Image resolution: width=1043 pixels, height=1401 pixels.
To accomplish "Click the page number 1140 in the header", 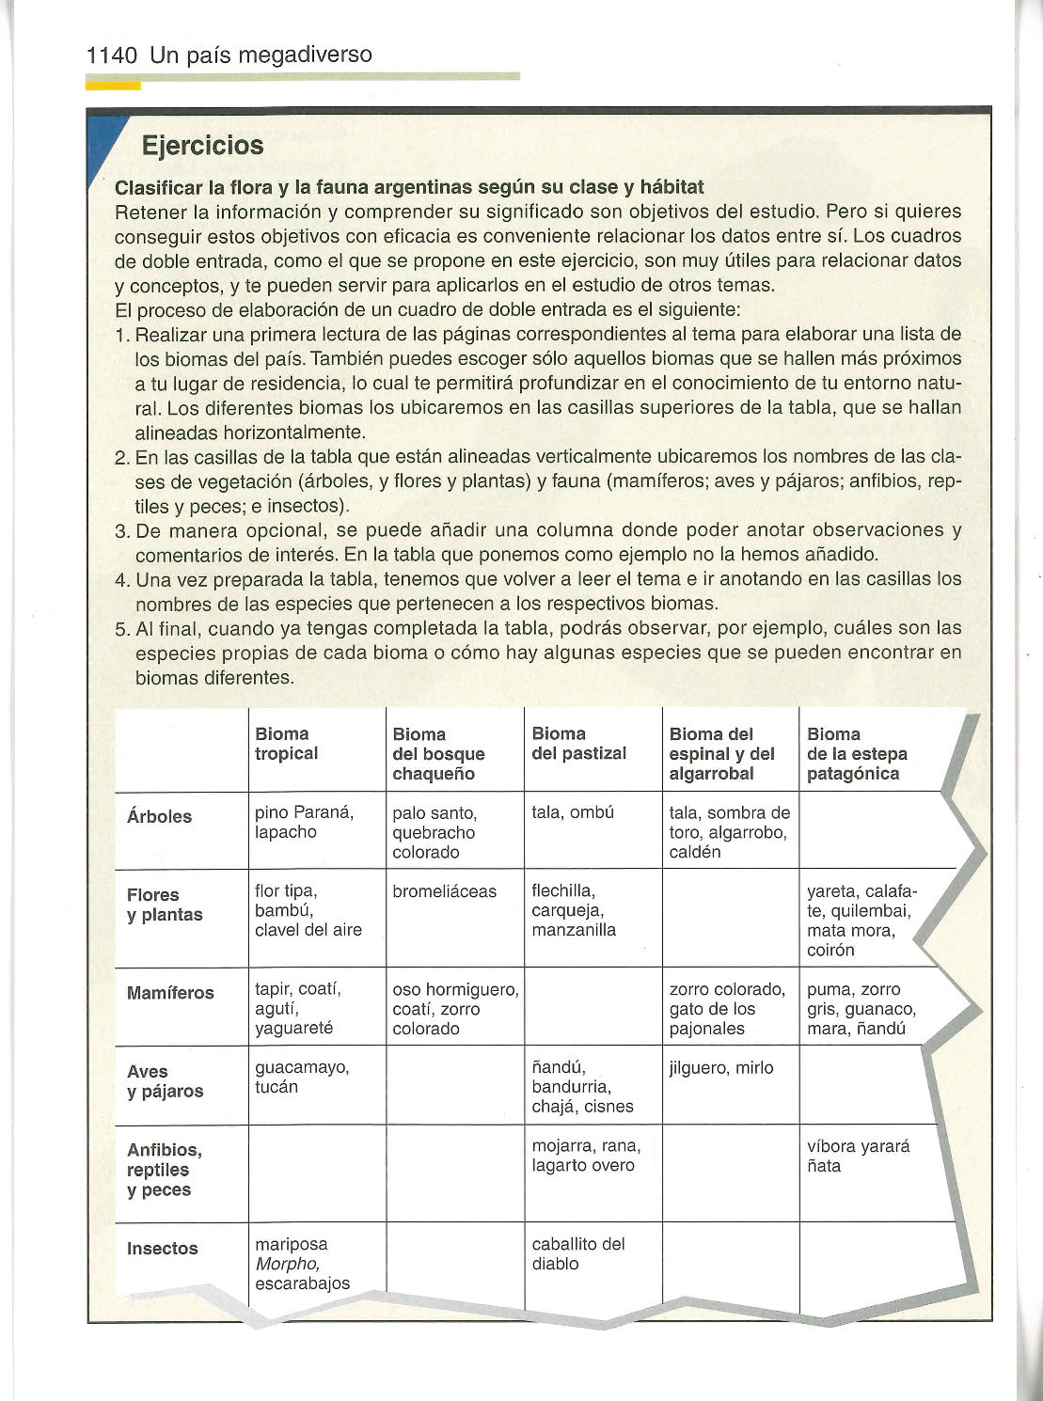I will pyautogui.click(x=112, y=55).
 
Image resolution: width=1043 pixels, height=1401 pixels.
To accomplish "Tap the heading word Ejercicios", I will pyautogui.click(x=202, y=146).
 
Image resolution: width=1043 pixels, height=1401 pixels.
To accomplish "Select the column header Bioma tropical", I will pyautogui.click(x=286, y=744).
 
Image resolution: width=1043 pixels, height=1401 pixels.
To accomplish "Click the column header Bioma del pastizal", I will pyautogui.click(x=578, y=744).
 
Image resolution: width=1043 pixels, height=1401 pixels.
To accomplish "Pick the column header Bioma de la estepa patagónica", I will pyautogui.click(x=856, y=754).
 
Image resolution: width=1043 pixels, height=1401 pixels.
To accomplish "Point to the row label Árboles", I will pyautogui.click(x=159, y=816).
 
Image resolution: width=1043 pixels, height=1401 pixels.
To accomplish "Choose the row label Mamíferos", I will pyautogui.click(x=170, y=993).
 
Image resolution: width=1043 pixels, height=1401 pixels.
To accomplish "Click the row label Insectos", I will pyautogui.click(x=162, y=1249).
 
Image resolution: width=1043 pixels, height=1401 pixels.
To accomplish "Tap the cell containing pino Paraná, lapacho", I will pyautogui.click(x=304, y=823).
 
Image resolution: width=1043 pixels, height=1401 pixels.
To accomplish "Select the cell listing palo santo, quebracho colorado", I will pyautogui.click(x=435, y=832).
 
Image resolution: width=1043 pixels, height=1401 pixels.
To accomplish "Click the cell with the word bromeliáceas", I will pyautogui.click(x=444, y=891).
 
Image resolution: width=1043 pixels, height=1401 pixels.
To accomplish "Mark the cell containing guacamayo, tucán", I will pyautogui.click(x=302, y=1078).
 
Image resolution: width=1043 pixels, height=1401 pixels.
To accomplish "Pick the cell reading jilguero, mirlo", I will pyautogui.click(x=720, y=1068).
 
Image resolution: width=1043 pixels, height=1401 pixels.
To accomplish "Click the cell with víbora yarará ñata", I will pyautogui.click(x=858, y=1157).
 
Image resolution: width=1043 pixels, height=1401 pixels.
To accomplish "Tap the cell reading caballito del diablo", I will pyautogui.click(x=577, y=1254).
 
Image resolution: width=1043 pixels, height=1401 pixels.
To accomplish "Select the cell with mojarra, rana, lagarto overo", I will pyautogui.click(x=585, y=1156).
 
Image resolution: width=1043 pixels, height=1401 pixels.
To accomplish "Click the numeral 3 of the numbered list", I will pyautogui.click(x=121, y=531).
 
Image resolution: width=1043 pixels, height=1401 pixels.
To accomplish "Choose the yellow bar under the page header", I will pyautogui.click(x=113, y=86).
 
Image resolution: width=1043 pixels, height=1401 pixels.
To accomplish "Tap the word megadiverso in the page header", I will pyautogui.click(x=305, y=55).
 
